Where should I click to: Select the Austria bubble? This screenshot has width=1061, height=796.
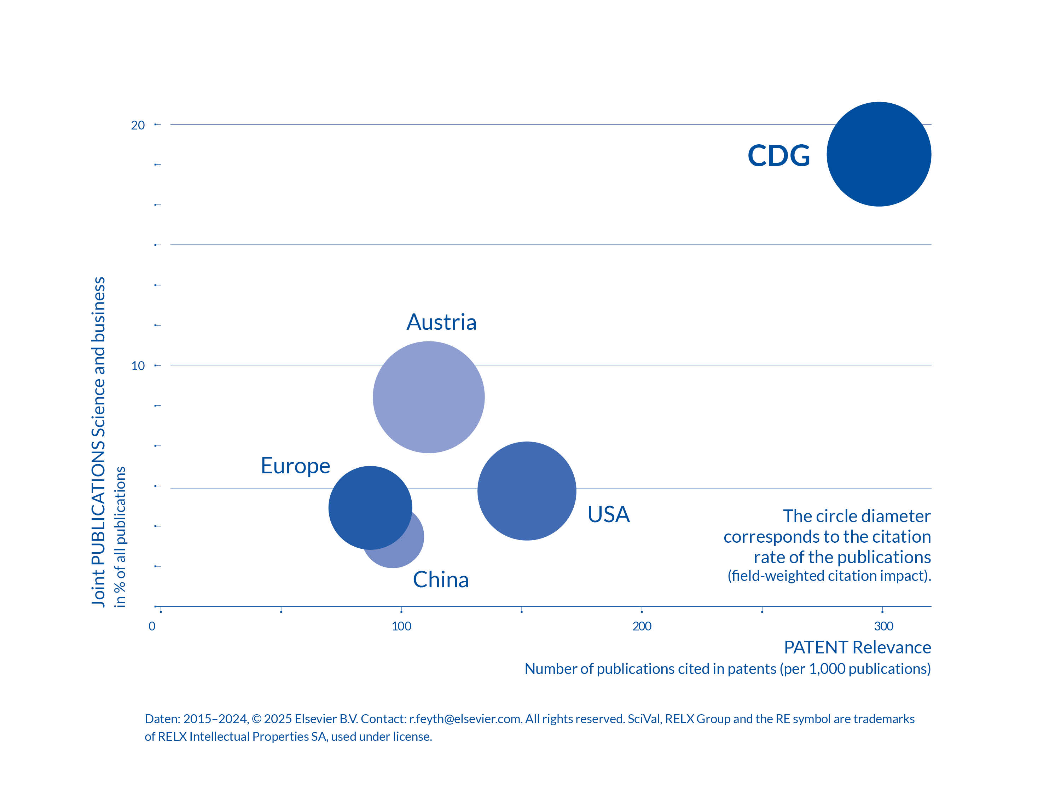pos(428,397)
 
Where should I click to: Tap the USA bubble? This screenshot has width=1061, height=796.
pos(526,490)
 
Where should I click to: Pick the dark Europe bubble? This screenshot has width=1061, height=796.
pos(370,507)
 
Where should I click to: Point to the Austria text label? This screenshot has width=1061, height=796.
pos(441,322)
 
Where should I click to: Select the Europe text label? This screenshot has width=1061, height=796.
pos(295,466)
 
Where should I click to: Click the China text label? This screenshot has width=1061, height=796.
pos(440,579)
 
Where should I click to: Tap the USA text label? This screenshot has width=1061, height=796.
pos(608,514)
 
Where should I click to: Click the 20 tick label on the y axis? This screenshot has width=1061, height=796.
pos(138,125)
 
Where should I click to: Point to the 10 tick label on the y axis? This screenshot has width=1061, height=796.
pos(138,365)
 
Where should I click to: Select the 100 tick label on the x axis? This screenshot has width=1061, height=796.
pos(401,626)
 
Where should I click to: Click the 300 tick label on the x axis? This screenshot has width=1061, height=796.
pos(883,626)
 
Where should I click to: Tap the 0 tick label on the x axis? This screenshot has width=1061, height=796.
pos(152,626)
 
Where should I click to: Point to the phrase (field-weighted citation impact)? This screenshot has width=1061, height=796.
pos(829,575)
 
